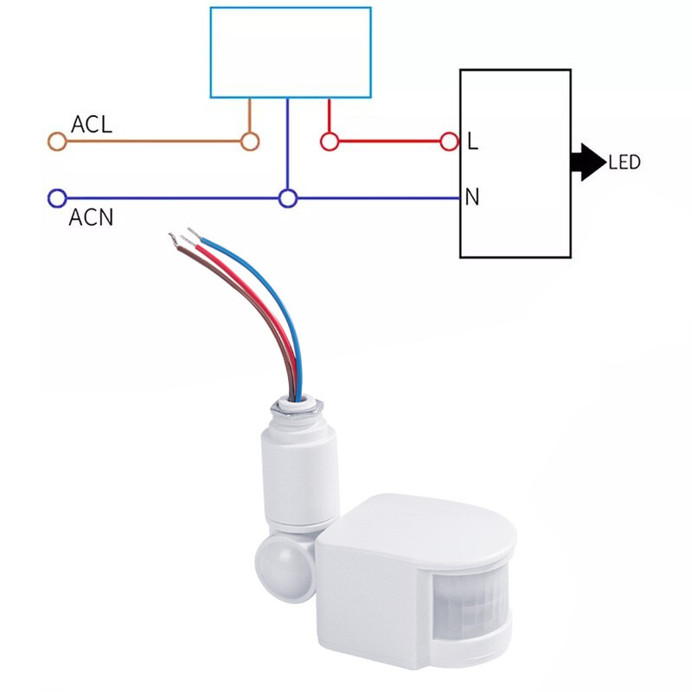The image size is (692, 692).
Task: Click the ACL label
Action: coord(91,124)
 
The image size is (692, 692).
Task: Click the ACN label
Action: coord(90,217)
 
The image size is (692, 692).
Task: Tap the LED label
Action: coord(624,163)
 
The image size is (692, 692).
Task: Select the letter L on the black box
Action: coord(472,141)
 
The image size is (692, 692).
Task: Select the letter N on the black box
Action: coord(472,198)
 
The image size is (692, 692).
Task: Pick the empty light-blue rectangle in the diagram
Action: coord(291,52)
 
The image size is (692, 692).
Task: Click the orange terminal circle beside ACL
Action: coord(57,142)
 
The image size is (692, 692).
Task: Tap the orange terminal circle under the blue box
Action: coord(250,142)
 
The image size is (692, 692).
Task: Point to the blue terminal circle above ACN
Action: coord(57,199)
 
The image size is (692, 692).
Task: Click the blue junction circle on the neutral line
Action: coord(288,199)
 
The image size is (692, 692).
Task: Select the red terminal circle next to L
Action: coord(449,142)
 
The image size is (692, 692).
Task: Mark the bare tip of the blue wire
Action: coord(191,232)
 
